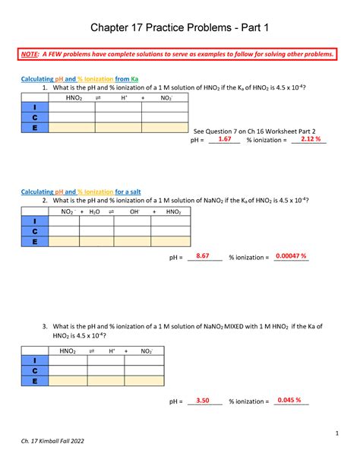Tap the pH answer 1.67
point(224,140)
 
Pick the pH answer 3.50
point(202,401)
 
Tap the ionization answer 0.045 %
point(289,401)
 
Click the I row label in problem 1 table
point(33,107)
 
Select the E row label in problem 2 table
point(33,241)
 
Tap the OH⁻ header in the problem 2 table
point(134,211)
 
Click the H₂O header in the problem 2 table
point(95,211)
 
